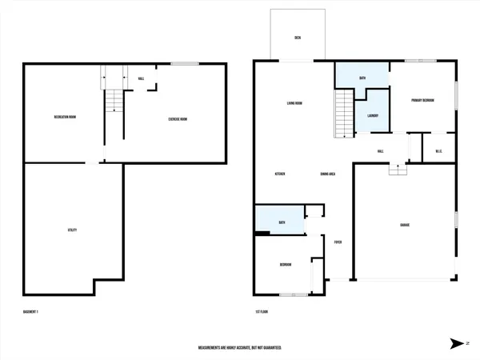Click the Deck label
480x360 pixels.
(x=298, y=38)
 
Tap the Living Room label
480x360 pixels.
(x=299, y=103)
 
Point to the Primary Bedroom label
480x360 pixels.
(x=422, y=100)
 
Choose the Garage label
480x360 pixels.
(x=405, y=225)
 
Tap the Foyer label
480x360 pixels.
(x=338, y=241)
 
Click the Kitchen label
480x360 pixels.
(x=281, y=174)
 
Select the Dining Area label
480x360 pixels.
(x=327, y=174)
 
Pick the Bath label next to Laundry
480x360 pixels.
(x=362, y=78)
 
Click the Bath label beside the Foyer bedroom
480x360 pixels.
(x=282, y=222)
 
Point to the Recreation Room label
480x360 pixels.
(x=65, y=117)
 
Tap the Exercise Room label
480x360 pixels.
(x=178, y=119)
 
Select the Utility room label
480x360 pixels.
(x=72, y=230)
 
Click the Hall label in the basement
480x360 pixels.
(x=141, y=78)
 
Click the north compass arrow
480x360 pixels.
(x=457, y=344)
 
